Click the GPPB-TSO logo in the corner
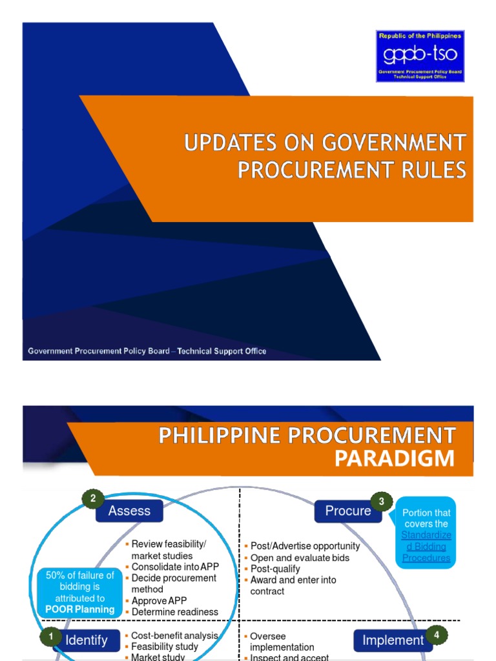(x=420, y=56)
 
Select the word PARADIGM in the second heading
(x=394, y=459)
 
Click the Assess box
(x=129, y=511)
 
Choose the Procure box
(x=347, y=511)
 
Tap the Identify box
(x=86, y=641)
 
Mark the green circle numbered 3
(x=382, y=502)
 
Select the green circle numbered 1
(x=50, y=637)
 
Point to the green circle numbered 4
(x=437, y=635)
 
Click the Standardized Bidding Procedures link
(x=426, y=546)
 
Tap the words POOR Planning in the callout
(x=80, y=609)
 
